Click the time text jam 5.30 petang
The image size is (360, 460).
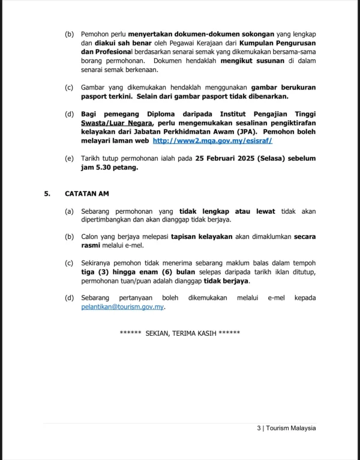click(x=110, y=168)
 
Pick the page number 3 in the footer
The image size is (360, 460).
click(x=258, y=428)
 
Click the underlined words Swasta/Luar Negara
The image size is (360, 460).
click(x=111, y=123)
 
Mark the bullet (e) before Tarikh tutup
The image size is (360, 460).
click(x=69, y=159)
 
